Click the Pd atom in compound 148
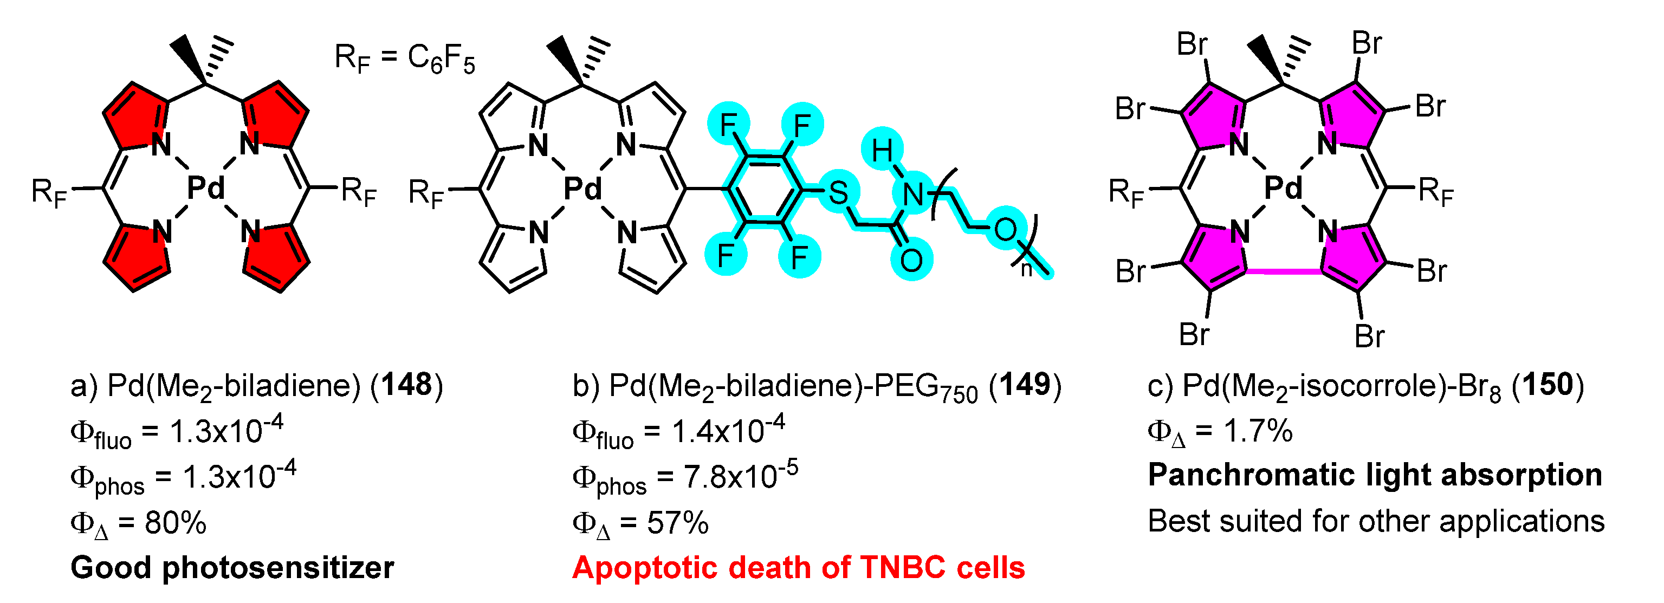[206, 188]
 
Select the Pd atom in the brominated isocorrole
[1283, 188]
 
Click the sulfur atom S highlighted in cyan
[838, 192]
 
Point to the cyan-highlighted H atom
[882, 152]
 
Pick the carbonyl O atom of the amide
[911, 260]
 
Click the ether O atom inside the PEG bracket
[1005, 229]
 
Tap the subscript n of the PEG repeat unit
[1026, 269]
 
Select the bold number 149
[1025, 385]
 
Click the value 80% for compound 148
[175, 522]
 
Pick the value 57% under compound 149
[678, 522]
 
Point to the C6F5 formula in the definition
[441, 59]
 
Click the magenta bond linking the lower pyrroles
[1284, 271]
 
